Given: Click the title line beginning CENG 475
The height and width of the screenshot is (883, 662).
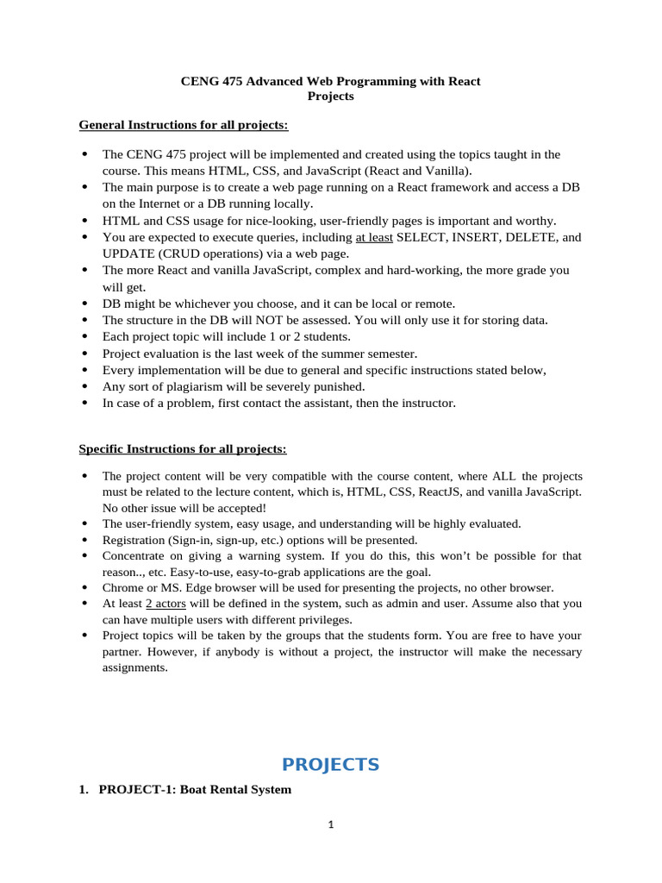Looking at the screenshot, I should click(330, 81).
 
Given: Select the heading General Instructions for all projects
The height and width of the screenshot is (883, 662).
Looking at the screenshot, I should click(184, 125).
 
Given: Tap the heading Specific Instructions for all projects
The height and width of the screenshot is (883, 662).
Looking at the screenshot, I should click(183, 449).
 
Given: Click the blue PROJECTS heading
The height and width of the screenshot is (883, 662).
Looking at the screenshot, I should click(330, 765).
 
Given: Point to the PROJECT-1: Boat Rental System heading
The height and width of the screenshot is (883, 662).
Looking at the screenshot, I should click(195, 789).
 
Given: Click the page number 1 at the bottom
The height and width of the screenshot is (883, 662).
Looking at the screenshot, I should click(330, 824).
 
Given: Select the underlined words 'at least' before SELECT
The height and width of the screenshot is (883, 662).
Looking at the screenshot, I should click(374, 237).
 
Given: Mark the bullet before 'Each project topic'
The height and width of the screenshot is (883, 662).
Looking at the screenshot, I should click(84, 337).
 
